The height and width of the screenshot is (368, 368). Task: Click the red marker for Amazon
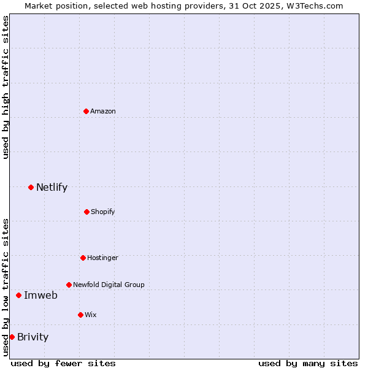pyautogui.click(x=86, y=111)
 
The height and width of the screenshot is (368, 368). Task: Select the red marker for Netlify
pyautogui.click(x=31, y=187)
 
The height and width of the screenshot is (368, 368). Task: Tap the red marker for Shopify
pyautogui.click(x=87, y=212)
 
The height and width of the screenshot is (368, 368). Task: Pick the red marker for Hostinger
pyautogui.click(x=83, y=258)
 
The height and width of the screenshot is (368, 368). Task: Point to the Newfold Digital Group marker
pyautogui.click(x=69, y=285)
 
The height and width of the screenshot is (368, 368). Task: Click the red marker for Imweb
pyautogui.click(x=19, y=295)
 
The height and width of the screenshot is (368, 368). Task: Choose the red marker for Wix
pyautogui.click(x=81, y=315)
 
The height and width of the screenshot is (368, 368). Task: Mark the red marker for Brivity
pyautogui.click(x=12, y=337)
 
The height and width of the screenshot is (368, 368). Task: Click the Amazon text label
pyautogui.click(x=103, y=111)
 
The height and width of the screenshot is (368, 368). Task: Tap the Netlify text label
pyautogui.click(x=52, y=187)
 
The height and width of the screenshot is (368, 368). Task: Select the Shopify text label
pyautogui.click(x=103, y=212)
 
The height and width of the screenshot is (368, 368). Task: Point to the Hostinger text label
pyautogui.click(x=102, y=258)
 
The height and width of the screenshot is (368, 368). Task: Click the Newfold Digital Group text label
pyautogui.click(x=109, y=285)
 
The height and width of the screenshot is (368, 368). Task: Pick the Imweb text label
pyautogui.click(x=40, y=295)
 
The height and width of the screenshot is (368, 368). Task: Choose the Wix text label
pyautogui.click(x=91, y=315)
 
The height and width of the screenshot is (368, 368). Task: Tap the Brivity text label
pyautogui.click(x=33, y=337)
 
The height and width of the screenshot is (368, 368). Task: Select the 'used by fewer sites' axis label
pyautogui.click(x=63, y=363)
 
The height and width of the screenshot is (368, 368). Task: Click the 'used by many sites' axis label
pyautogui.click(x=308, y=363)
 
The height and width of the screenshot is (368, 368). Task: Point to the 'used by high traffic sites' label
pyautogui.click(x=6, y=87)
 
